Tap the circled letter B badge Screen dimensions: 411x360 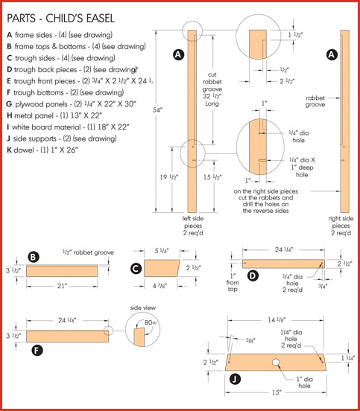(34, 258)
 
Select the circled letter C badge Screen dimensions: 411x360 (136, 268)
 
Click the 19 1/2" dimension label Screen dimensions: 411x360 (168, 177)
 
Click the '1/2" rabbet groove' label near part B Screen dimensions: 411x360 (88, 253)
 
